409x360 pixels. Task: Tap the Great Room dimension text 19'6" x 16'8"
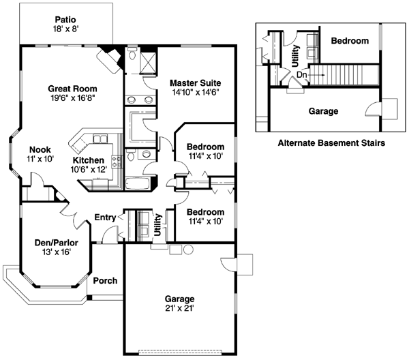click(72, 98)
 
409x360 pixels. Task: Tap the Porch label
click(105, 280)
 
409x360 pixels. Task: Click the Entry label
click(105, 217)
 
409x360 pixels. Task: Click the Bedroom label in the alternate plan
click(350, 41)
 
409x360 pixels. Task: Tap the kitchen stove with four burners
click(117, 162)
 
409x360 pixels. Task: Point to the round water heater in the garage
click(187, 250)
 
